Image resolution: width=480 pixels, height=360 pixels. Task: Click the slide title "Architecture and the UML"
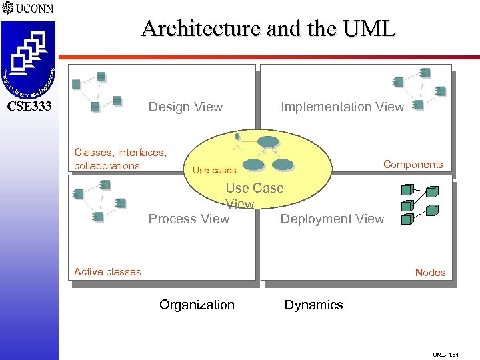(268, 29)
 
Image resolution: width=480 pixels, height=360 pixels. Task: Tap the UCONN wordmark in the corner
(35, 9)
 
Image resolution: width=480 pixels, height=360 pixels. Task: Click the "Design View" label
(185, 107)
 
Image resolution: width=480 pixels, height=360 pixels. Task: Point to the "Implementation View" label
(342, 107)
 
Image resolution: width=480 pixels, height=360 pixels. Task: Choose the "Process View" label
(189, 219)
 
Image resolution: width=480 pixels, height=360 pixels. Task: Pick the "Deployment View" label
(332, 219)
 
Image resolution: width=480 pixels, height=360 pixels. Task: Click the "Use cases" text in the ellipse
(214, 171)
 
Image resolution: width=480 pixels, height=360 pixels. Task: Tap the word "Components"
(413, 165)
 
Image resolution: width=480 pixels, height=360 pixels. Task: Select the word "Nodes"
(430, 272)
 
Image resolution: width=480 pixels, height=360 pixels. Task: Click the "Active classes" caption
(107, 271)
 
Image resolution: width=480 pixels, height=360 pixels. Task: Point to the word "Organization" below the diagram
(197, 305)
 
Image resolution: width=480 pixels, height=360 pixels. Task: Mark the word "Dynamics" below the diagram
(313, 305)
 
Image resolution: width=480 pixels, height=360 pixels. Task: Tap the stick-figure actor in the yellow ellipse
(237, 143)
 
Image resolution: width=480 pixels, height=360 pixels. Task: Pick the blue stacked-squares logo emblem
(29, 53)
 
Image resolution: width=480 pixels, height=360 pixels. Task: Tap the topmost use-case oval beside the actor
(269, 141)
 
